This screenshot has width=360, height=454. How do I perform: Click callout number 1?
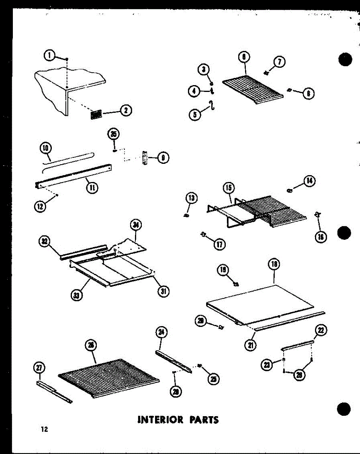pos(49,55)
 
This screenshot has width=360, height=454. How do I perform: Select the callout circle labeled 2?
pos(125,110)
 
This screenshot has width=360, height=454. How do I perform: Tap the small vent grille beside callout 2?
pos(97,115)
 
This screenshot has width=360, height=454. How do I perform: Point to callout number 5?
pos(195,114)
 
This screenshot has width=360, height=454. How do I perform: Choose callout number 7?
pos(279,62)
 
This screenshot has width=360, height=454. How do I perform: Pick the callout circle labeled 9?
pos(163,157)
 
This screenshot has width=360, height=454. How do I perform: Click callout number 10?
pos(45,148)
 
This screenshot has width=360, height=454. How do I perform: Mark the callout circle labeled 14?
pos(309,182)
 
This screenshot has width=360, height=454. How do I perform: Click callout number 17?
pos(219,244)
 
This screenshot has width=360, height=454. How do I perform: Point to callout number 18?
pos(274,265)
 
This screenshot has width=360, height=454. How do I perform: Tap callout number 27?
pos(39,367)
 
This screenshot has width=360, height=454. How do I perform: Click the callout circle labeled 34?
pos(134,225)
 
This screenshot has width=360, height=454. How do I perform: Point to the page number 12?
pos(45,429)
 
